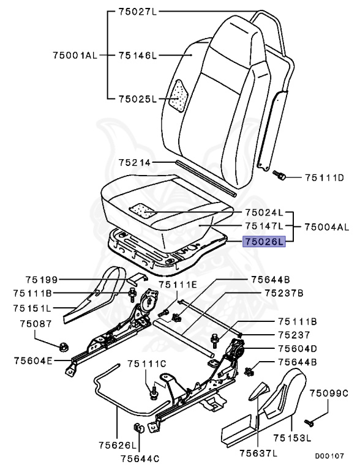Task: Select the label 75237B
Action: point(284,293)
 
